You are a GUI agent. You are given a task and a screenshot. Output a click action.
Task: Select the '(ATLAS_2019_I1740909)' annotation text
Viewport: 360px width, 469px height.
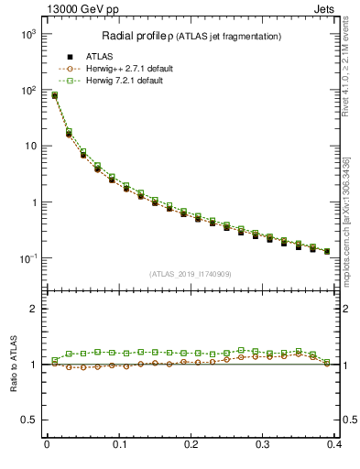tap(191, 273)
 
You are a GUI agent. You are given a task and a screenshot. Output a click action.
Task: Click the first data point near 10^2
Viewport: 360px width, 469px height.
tap(54, 95)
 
